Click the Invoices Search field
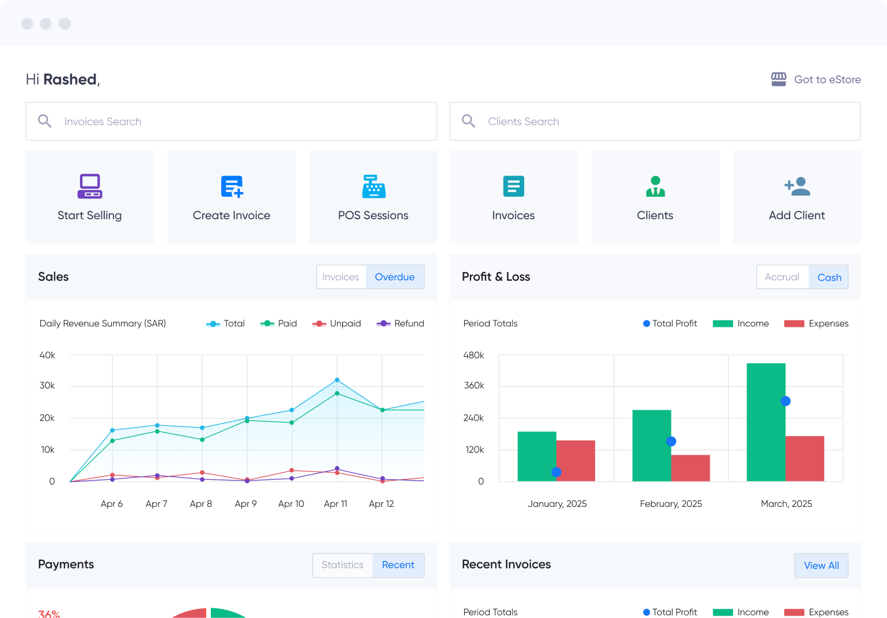231,121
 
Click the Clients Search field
655,121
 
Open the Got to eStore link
816,79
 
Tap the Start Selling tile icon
90,186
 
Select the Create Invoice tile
232,197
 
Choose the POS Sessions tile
373,197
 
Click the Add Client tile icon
797,186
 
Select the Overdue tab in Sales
395,277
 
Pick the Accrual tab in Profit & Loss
782,277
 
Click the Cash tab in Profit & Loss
829,277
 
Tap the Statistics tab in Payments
342,565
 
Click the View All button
821,566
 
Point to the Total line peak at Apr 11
337,380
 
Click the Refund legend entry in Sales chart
401,323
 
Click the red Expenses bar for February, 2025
691,468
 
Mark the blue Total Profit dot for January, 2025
556,472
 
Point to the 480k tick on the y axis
473,355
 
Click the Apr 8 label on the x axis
201,503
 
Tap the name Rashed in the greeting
70,79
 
